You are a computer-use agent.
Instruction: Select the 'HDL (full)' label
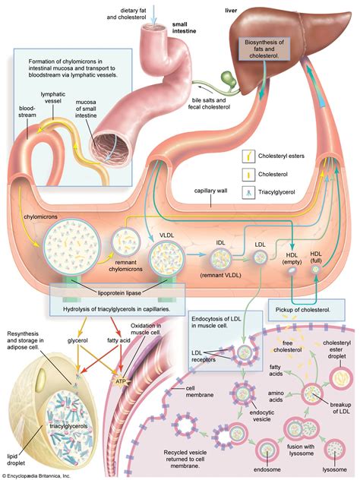316,257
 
